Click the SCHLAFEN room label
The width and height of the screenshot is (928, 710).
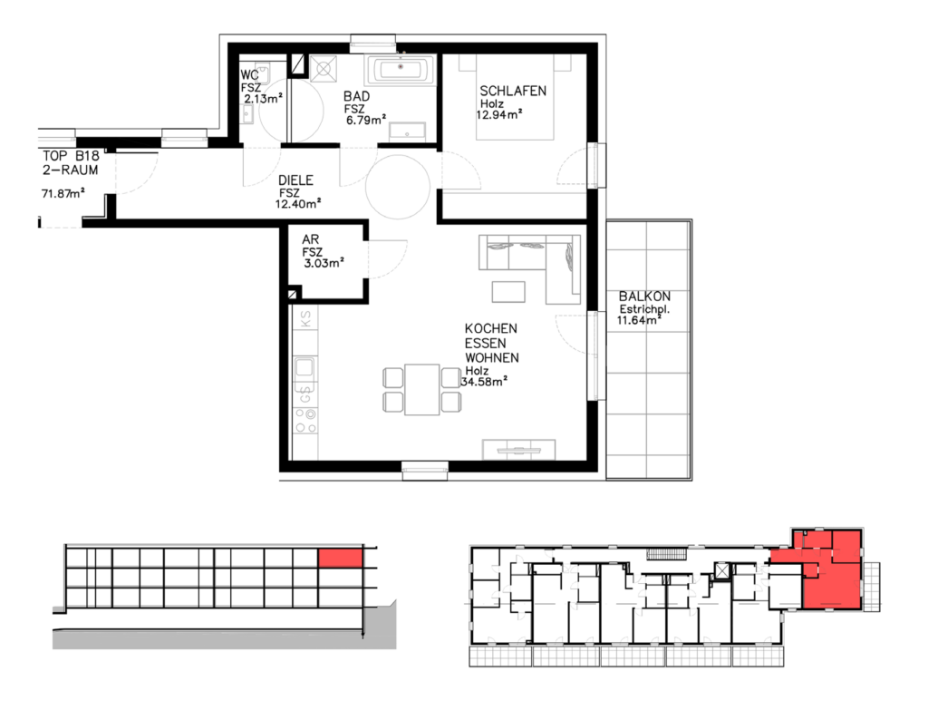pos(513,91)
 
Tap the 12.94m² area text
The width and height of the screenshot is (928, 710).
pos(499,114)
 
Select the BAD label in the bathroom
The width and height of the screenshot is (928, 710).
pos(357,96)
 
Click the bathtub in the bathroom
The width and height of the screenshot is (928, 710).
pos(401,70)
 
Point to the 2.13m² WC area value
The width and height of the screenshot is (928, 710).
pos(264,98)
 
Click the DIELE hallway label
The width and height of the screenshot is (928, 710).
pos(295,180)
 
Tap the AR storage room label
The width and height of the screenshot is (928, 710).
pos(310,239)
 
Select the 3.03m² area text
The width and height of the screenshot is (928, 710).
pos(324,263)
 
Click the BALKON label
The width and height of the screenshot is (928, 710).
pos(644,297)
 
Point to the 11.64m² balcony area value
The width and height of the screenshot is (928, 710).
pos(639,320)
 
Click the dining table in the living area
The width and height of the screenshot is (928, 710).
pos(422,389)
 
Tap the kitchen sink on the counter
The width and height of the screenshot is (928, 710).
pos(304,367)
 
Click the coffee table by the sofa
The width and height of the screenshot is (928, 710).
pos(508,292)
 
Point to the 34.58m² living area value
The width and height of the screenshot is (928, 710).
pos(484,382)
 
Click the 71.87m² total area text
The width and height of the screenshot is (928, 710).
pos(63,193)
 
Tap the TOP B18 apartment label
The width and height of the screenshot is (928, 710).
pos(71,156)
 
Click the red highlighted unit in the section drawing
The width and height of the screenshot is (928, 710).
pos(341,559)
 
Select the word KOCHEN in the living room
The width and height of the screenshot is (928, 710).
pos(490,328)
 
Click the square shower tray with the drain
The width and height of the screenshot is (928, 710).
pos(324,69)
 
